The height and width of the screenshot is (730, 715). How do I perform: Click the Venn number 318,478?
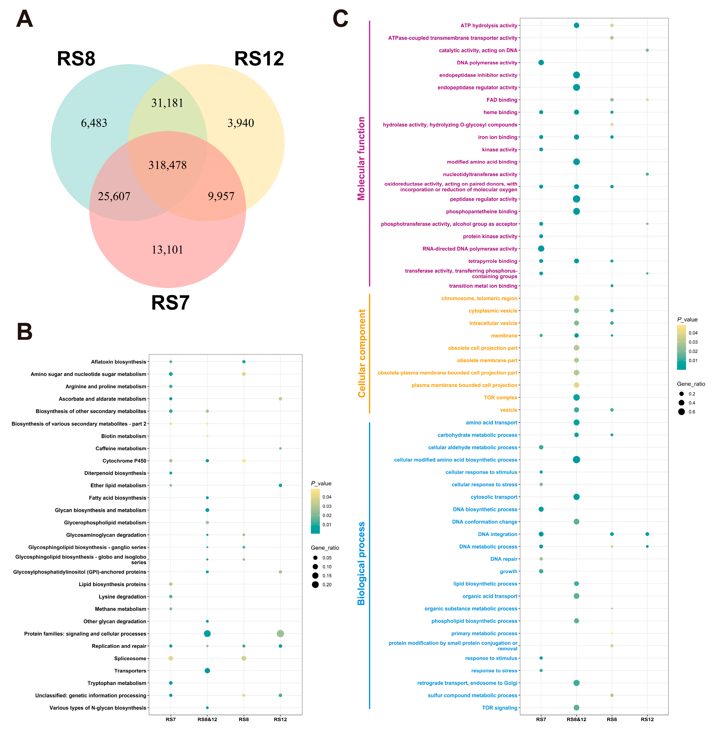[168, 165]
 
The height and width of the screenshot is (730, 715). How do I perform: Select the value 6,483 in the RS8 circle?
[94, 123]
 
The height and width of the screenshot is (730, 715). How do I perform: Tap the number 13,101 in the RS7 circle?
[168, 250]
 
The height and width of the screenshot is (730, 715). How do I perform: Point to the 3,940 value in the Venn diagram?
[241, 123]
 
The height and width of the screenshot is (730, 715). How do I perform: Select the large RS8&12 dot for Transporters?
[207, 671]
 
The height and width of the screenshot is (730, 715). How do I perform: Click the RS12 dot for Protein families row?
[280, 633]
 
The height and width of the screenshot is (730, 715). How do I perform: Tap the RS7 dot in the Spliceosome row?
[171, 658]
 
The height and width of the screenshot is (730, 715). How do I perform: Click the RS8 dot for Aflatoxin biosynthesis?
[244, 362]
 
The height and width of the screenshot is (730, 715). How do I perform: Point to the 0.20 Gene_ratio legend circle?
[315, 584]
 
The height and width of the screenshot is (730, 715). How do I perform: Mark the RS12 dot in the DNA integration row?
[647, 534]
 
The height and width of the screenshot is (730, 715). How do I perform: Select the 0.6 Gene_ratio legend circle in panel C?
[681, 412]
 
